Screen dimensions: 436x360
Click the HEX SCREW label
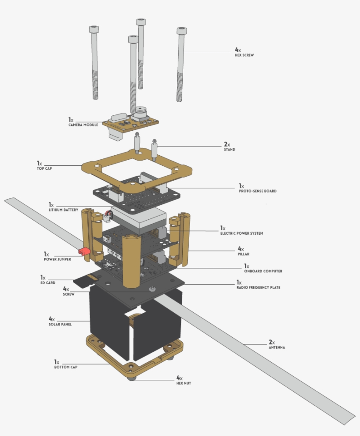click(245, 55)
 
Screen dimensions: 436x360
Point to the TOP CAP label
click(44, 169)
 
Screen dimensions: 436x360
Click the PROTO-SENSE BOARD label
click(258, 191)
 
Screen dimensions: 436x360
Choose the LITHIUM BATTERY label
click(64, 210)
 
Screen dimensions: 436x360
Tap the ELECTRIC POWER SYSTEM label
click(241, 233)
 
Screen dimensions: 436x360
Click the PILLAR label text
click(243, 254)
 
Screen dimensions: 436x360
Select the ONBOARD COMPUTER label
click(263, 271)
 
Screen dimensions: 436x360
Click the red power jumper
click(84, 251)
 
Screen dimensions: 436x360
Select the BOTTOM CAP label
click(66, 367)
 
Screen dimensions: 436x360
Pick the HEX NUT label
click(184, 383)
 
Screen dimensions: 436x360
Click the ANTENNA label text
click(277, 347)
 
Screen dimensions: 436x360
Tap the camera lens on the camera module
click(141, 110)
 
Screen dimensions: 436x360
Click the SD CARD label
click(48, 283)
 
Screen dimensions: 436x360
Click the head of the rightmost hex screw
click(182, 31)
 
